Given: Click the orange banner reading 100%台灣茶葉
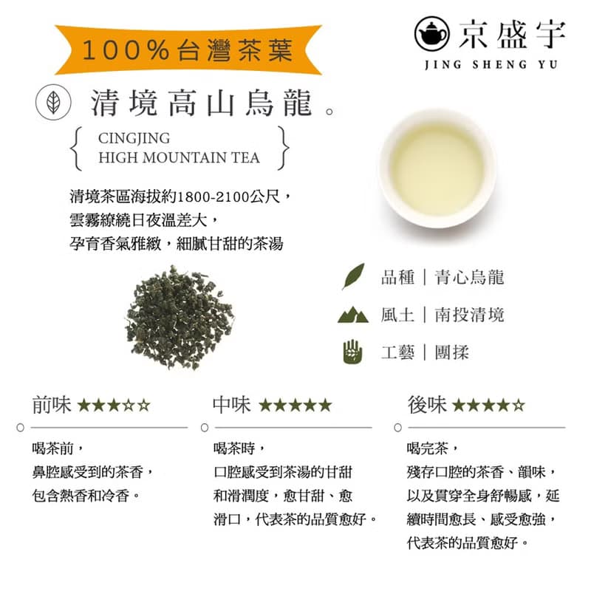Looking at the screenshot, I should pyautogui.click(x=188, y=50).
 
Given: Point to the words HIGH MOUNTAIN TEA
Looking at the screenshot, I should pyautogui.click(x=179, y=157).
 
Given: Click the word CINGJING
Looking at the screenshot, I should pyautogui.click(x=134, y=138).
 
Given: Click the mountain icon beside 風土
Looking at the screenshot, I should pyautogui.click(x=352, y=315).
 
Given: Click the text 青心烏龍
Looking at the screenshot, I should pyautogui.click(x=470, y=278).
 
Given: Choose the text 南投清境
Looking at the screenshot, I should pyautogui.click(x=470, y=315).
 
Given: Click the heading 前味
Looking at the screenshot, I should pyautogui.click(x=52, y=405).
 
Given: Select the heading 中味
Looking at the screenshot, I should pyautogui.click(x=231, y=405).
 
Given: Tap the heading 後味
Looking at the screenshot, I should pyautogui.click(x=427, y=405).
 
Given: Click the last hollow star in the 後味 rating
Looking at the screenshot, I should pyautogui.click(x=519, y=406).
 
